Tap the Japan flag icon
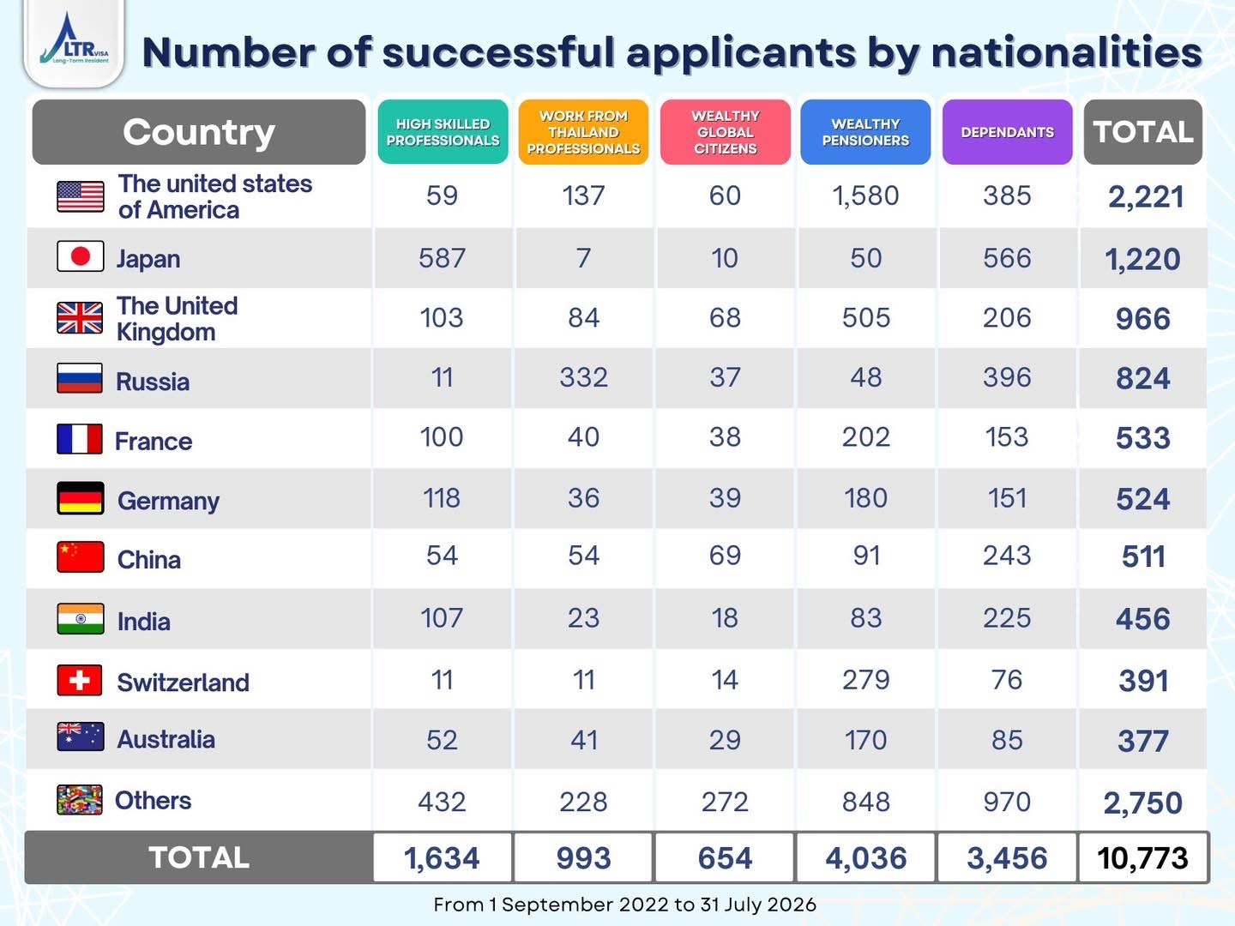81,256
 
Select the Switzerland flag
80,680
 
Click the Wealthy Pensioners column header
865,132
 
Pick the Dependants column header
1007,132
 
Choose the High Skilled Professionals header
443,132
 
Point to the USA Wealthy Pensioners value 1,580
865,196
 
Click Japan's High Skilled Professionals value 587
443,258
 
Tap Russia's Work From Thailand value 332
583,376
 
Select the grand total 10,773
1142,858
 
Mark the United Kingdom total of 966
1142,319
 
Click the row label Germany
168,501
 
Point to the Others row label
153,800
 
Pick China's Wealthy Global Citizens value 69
725,556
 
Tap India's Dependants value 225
1007,618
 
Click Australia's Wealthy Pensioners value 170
865,740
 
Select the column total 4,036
866,858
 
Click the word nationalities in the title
1067,52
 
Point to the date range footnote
624,905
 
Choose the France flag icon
80,438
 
